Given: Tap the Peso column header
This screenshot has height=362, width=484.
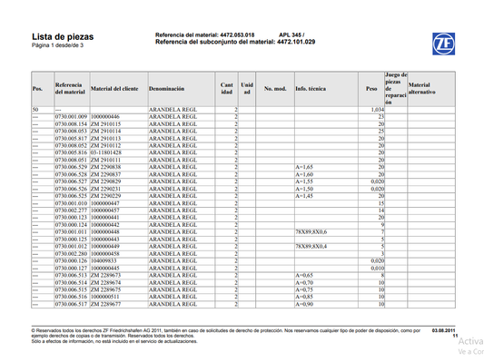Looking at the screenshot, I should point(370,89).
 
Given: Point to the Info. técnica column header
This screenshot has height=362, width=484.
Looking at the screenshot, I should point(311,89).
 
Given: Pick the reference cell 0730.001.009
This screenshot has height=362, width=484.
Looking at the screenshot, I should point(71,117).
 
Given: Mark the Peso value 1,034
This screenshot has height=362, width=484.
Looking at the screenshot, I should point(379,109).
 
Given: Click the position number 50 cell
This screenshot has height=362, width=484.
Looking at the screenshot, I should point(35,109).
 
